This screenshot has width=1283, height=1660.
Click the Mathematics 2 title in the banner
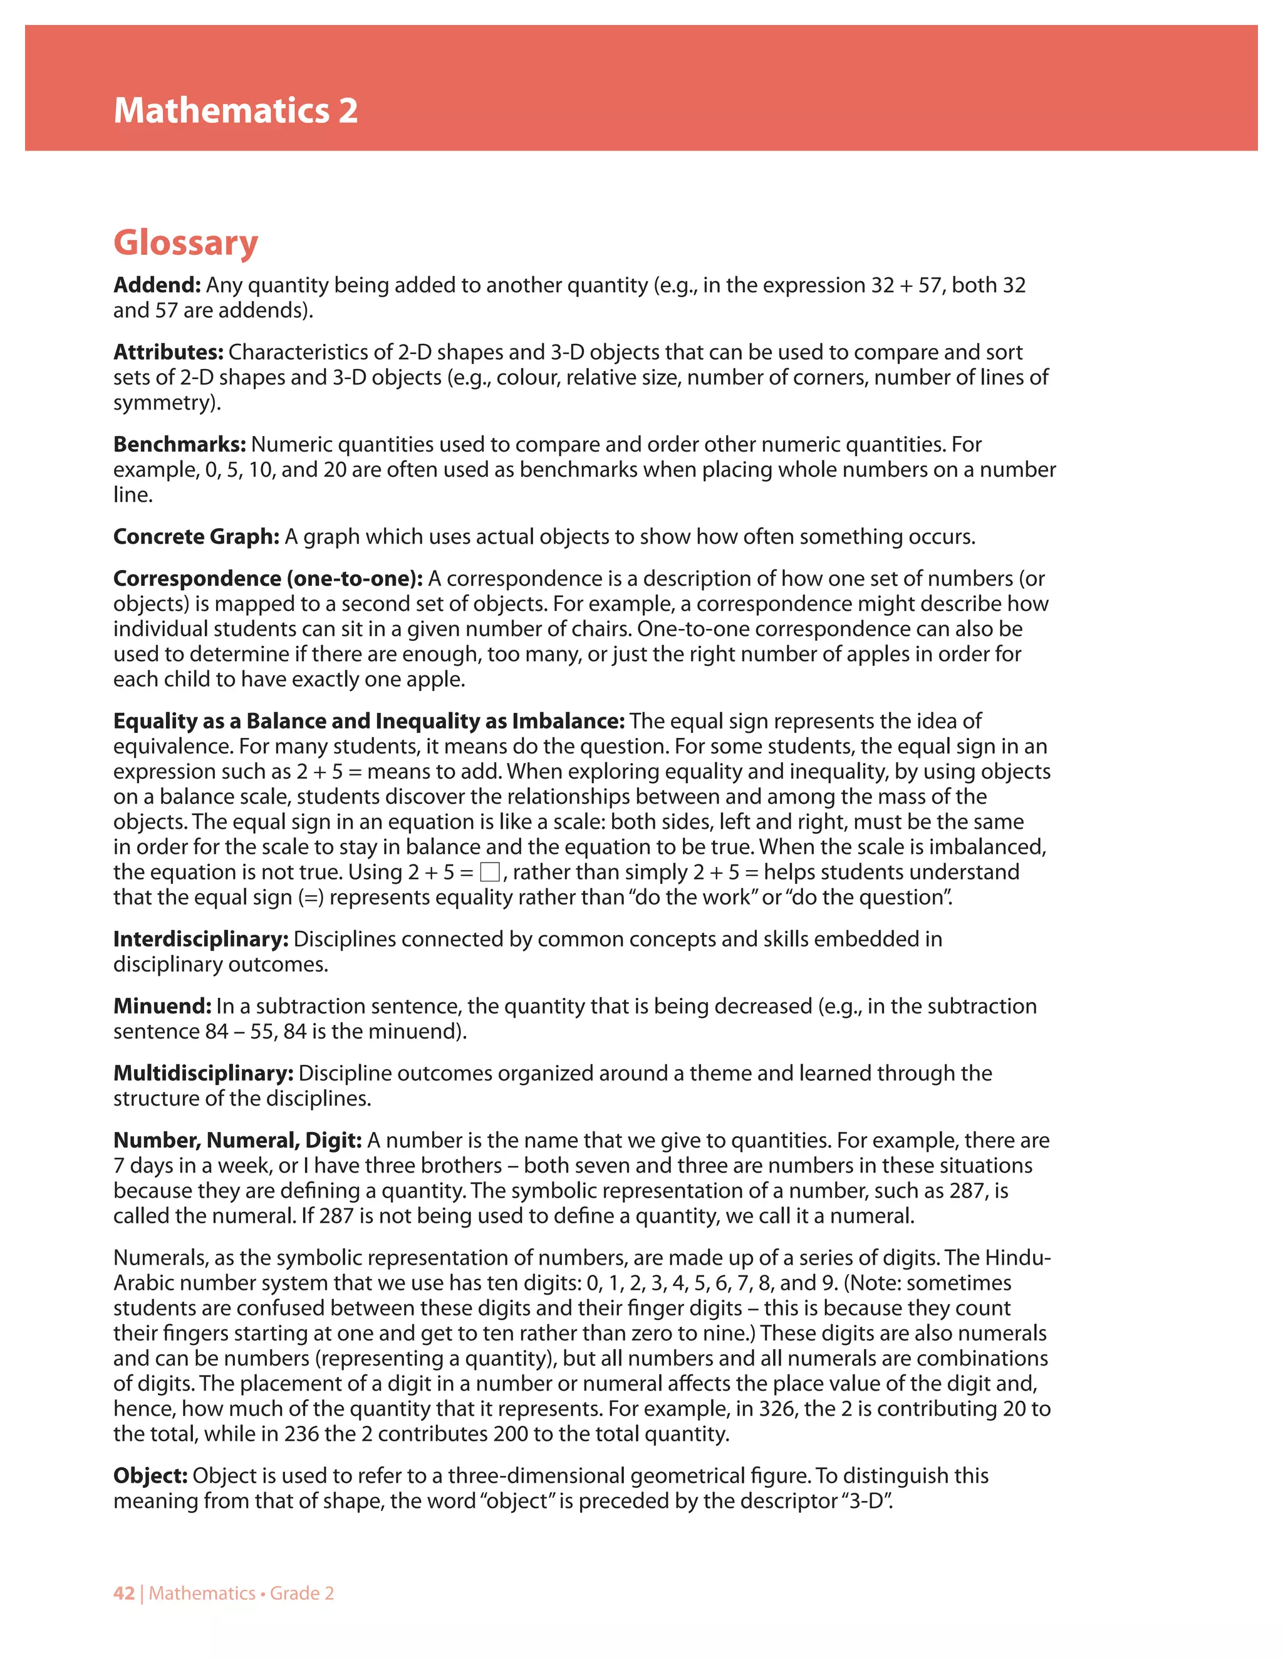coord(236,111)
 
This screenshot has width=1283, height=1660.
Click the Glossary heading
coord(186,242)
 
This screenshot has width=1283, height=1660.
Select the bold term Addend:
coord(157,285)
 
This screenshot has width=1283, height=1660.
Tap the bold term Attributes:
coord(169,352)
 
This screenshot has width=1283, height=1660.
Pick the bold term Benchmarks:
coord(180,444)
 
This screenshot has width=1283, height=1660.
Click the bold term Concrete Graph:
coord(197,537)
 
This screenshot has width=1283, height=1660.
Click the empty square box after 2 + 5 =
coord(491,872)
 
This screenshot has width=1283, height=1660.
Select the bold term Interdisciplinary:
coord(200,940)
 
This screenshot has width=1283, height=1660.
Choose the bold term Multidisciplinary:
coord(204,1073)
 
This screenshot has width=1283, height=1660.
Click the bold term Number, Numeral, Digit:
coord(238,1140)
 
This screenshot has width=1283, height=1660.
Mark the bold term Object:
coord(150,1475)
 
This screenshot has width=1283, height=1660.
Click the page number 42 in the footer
coord(124,1593)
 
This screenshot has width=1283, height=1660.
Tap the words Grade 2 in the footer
coord(302,1593)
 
